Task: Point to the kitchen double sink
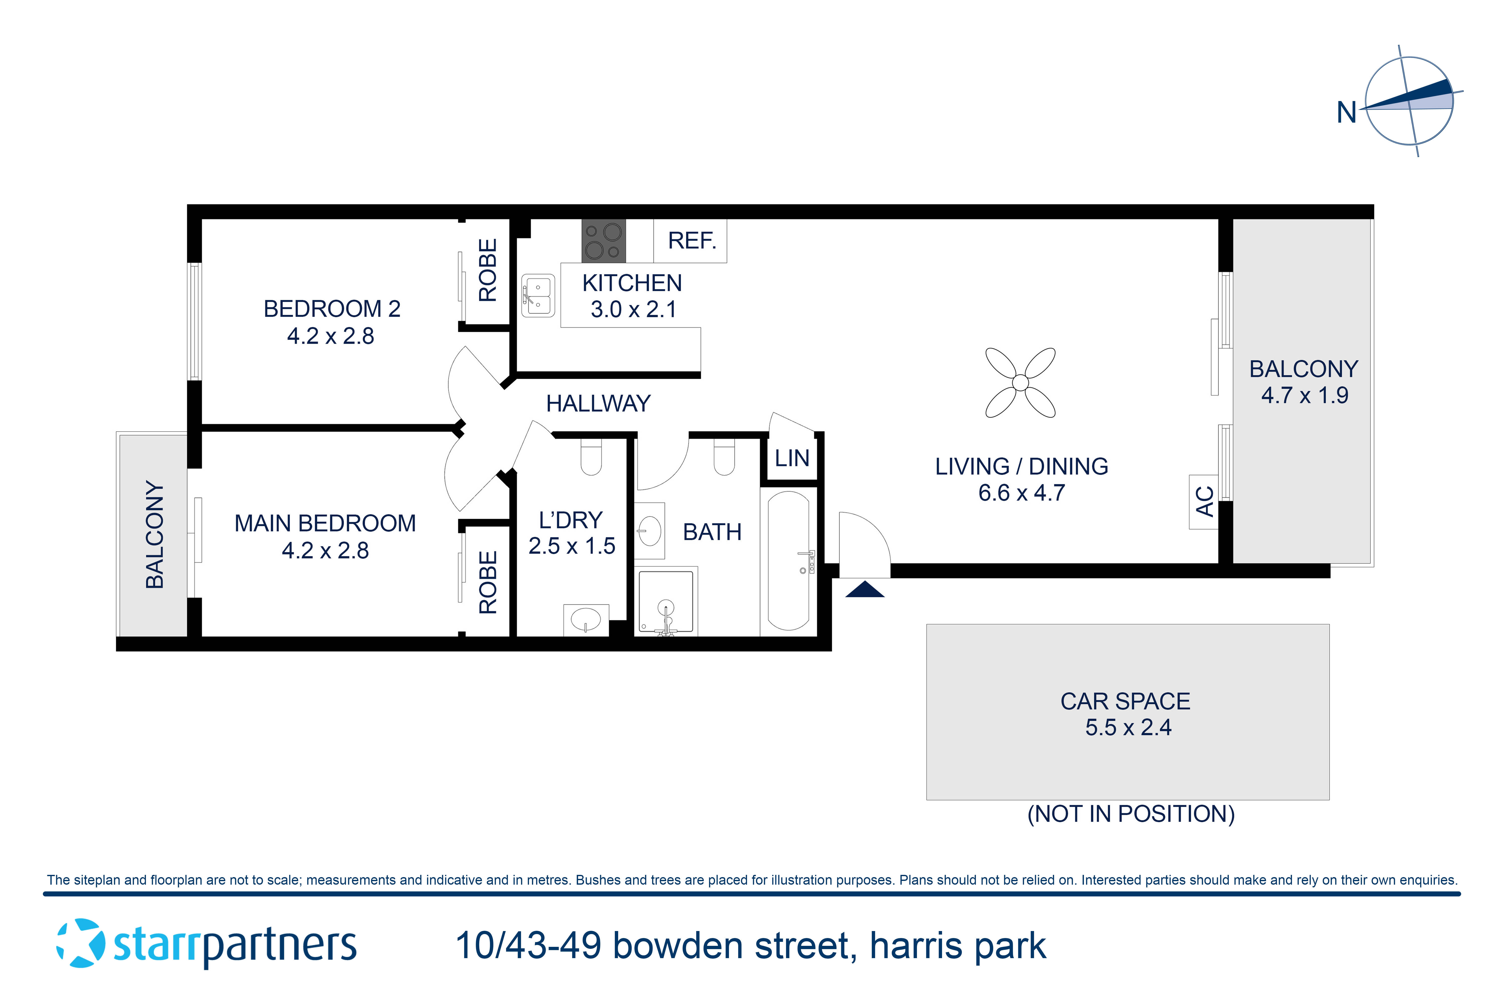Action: pos(538,296)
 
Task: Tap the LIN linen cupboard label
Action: pos(792,458)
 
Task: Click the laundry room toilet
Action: pos(591,457)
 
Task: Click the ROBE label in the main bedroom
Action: pos(487,582)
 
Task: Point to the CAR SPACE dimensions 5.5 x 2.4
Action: pos(1128,727)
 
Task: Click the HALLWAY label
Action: pos(598,404)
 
